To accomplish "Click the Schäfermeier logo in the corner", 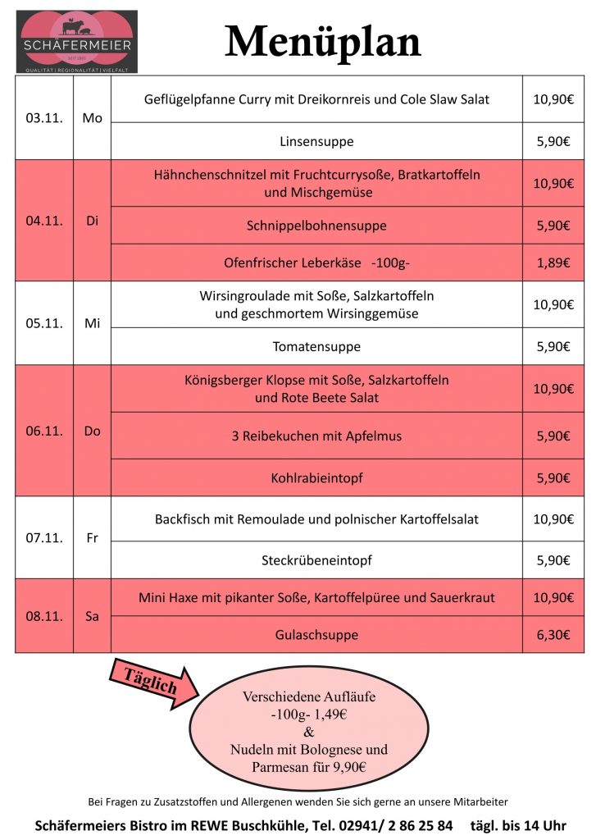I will pyautogui.click(x=76, y=41).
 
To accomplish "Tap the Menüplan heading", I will pyautogui.click(x=323, y=41).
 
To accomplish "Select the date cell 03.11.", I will pyautogui.click(x=44, y=118).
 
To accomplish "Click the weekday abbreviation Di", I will pyautogui.click(x=92, y=221).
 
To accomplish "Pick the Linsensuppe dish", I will pyautogui.click(x=316, y=141).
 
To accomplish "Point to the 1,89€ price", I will pyautogui.click(x=553, y=263).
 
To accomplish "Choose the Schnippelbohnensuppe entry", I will pyautogui.click(x=316, y=226).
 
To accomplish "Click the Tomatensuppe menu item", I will pyautogui.click(x=316, y=346).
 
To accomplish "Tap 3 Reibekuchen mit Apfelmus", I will pyautogui.click(x=316, y=436).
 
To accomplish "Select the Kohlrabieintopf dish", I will pyautogui.click(x=316, y=477).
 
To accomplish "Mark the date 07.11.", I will pyautogui.click(x=44, y=538).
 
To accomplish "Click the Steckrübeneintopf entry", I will pyautogui.click(x=316, y=560).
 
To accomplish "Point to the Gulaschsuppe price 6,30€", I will pyautogui.click(x=553, y=634).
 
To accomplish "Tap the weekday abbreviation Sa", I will pyautogui.click(x=92, y=616).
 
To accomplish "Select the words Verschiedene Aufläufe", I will pyautogui.click(x=308, y=696).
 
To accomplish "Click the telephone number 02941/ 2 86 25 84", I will pyautogui.click(x=392, y=824).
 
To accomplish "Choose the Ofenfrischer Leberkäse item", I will pyautogui.click(x=316, y=263).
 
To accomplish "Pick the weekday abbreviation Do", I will pyautogui.click(x=92, y=431).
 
